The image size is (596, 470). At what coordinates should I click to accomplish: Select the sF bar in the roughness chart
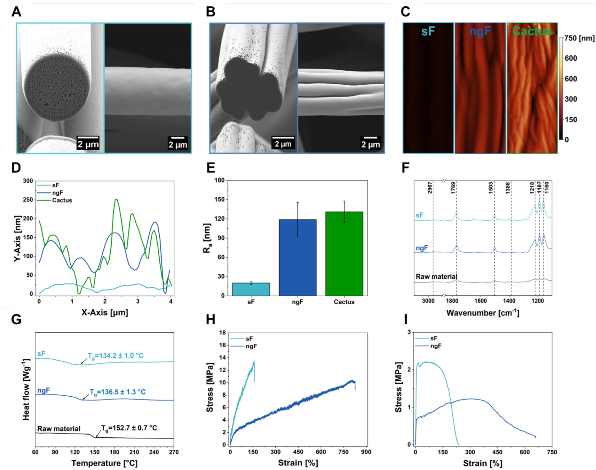tap(251, 289)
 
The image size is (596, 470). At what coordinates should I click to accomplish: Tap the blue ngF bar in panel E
tap(298, 258)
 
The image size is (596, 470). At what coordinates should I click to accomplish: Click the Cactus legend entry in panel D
tap(62, 200)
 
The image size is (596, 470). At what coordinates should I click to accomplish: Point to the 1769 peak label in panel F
tap(453, 188)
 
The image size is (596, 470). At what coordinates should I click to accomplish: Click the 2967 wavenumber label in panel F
tap(430, 188)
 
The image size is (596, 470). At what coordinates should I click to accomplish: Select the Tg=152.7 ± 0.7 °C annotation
tap(129, 428)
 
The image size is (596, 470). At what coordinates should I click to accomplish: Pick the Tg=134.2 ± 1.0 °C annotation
tap(116, 356)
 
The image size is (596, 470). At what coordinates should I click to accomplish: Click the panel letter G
tap(16, 319)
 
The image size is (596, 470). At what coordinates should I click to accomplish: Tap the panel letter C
tap(405, 12)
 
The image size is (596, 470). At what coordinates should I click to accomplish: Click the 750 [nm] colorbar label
tap(579, 38)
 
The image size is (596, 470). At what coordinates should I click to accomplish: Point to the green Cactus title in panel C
tap(532, 31)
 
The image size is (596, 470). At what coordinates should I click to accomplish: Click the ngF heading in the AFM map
tap(480, 31)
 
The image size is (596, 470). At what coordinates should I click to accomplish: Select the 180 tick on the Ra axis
tap(219, 180)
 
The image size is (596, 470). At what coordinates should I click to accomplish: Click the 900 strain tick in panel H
tap(366, 452)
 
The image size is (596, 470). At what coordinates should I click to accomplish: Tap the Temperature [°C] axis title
tap(104, 463)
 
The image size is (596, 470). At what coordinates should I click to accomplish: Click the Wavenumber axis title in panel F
tap(483, 313)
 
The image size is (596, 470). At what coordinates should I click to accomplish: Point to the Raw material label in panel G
tap(59, 429)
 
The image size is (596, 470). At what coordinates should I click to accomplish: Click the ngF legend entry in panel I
tap(436, 346)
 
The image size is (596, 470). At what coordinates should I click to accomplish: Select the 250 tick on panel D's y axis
tap(28, 200)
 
